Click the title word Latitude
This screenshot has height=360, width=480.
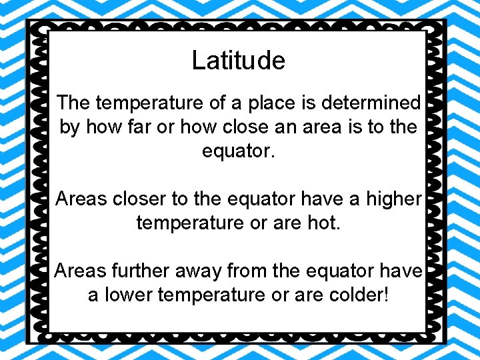coord(238,61)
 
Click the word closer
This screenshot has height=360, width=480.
coord(132,199)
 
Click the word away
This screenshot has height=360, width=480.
coord(197,271)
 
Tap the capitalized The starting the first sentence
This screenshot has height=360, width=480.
coord(73,103)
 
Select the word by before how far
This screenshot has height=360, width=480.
coord(69,127)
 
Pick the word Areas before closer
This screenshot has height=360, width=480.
coord(80,199)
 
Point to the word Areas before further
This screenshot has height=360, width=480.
coord(79,271)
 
